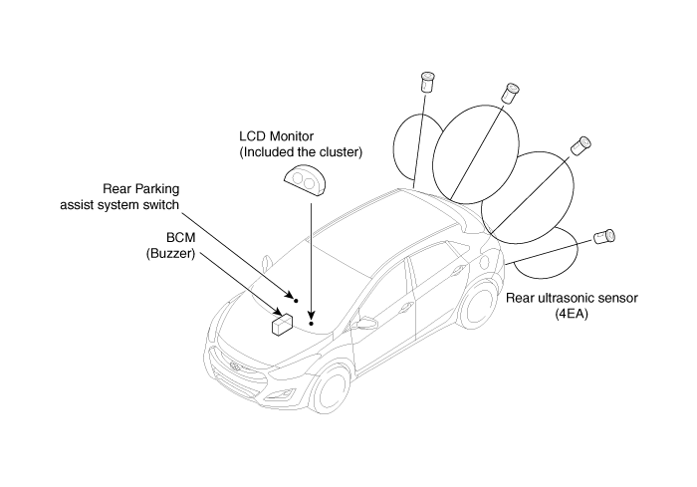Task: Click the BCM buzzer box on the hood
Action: click(282, 325)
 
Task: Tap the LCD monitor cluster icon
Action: click(305, 180)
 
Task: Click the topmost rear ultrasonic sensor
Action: click(427, 82)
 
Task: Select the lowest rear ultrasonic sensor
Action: click(604, 237)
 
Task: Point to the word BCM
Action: click(181, 237)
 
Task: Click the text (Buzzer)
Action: click(170, 254)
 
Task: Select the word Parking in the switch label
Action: click(157, 189)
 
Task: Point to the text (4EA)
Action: click(572, 314)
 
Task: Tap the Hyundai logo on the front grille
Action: click(235, 367)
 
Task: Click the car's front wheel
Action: click(331, 391)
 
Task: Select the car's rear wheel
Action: click(478, 306)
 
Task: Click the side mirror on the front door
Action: click(365, 322)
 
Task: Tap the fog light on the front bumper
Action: click(288, 393)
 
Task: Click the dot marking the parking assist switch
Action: click(296, 301)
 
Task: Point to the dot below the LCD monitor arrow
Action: click(311, 324)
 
